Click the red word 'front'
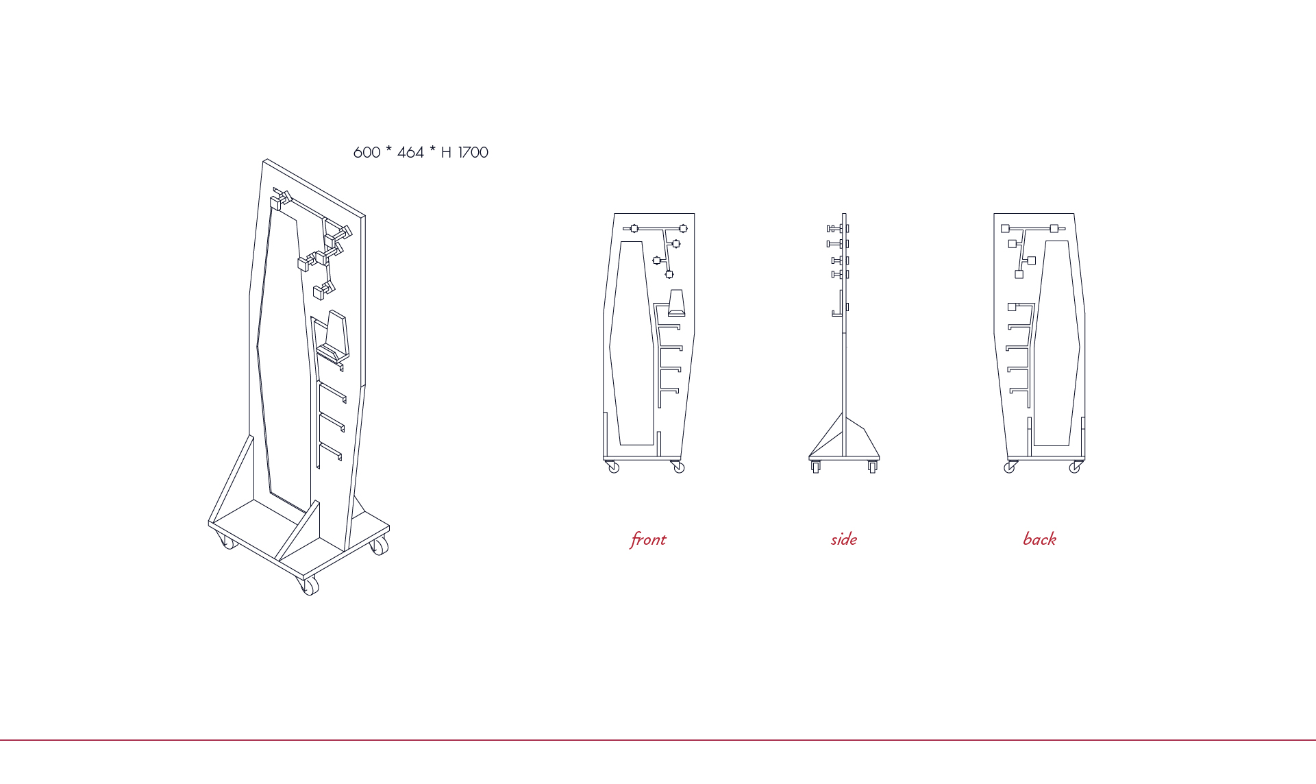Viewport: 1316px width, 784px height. (648, 540)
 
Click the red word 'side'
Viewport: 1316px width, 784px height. (844, 539)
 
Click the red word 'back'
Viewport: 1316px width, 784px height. (1040, 539)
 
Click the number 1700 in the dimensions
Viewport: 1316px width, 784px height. (473, 152)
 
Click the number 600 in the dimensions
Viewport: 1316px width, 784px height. (367, 152)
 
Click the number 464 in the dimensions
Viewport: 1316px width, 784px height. (410, 152)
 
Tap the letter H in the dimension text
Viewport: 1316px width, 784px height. (446, 152)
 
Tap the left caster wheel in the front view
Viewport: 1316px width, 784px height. (614, 467)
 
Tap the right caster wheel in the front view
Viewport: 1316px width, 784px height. (679, 468)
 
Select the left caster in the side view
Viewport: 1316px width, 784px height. (815, 467)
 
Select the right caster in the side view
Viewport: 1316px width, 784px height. (872, 467)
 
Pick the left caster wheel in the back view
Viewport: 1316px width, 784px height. (1009, 468)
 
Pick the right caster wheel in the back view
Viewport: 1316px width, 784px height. (1075, 468)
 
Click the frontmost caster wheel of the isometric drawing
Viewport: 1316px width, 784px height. (310, 587)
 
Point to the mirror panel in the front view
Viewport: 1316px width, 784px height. (632, 343)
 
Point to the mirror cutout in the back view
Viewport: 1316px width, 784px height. (1056, 343)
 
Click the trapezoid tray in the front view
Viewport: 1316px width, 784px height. (676, 303)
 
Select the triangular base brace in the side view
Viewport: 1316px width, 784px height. (844, 439)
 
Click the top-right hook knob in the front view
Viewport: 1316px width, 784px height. (683, 229)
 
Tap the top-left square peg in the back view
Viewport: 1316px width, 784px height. (1005, 229)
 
